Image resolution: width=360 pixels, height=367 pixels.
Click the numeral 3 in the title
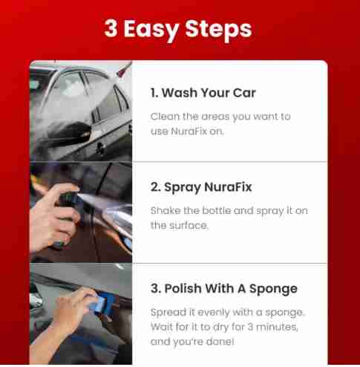[x=111, y=28]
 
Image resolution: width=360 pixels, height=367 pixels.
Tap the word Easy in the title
[x=151, y=30]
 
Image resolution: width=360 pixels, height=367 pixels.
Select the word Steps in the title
[x=218, y=30]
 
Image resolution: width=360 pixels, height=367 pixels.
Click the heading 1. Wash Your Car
[x=203, y=93]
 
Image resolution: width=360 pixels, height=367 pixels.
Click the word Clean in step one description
[x=165, y=117]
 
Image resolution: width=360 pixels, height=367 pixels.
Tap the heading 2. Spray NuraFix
[x=201, y=187]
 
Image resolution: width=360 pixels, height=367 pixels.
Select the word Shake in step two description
[x=166, y=210]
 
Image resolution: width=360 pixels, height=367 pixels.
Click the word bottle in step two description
[x=217, y=210]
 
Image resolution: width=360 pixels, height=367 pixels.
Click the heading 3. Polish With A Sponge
[x=224, y=289]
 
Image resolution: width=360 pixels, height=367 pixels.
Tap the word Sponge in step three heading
[x=273, y=289]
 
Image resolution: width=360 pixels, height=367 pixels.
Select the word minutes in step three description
[x=277, y=327]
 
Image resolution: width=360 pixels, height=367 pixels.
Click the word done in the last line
[x=220, y=342]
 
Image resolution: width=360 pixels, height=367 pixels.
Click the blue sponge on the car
[x=102, y=304]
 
